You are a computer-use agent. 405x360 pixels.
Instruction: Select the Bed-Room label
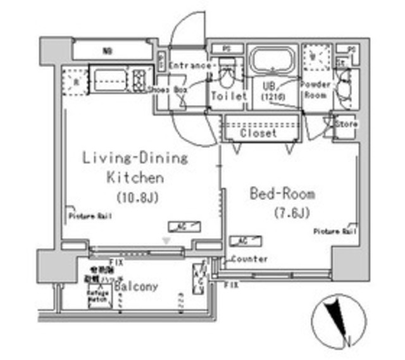click(x=282, y=194)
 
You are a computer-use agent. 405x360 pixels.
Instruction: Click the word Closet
click(x=259, y=134)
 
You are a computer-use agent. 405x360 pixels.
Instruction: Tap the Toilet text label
click(x=228, y=97)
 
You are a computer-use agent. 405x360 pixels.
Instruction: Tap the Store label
click(x=346, y=124)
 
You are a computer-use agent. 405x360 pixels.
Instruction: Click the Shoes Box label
click(x=168, y=90)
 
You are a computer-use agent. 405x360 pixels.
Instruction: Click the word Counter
click(x=249, y=259)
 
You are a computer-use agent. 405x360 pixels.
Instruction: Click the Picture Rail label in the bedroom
click(x=335, y=232)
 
